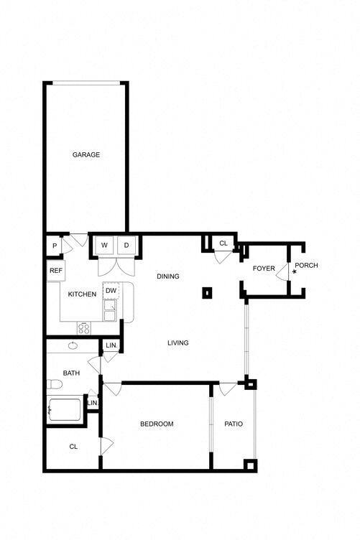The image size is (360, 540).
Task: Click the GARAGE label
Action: point(86,154)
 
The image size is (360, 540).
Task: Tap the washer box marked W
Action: point(104,246)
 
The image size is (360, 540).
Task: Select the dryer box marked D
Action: point(126,246)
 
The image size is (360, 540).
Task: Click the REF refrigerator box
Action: point(55,271)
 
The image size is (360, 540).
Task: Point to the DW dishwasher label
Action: point(111,291)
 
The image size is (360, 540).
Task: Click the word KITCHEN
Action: point(82,294)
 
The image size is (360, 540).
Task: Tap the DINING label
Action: point(167,276)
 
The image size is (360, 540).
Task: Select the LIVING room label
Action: point(177,343)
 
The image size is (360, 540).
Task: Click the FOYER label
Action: point(264,269)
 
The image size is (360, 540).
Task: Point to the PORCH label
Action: point(306,266)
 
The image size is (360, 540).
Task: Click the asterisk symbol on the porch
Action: point(294,273)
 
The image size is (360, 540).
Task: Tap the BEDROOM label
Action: point(156,424)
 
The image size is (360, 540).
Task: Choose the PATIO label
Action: point(234,424)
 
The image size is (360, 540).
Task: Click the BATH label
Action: point(71,373)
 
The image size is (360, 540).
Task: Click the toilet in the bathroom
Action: point(54,383)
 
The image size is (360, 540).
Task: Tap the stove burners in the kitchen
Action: point(83,328)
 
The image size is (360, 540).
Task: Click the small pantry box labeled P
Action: point(55,246)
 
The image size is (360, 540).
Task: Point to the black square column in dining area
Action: point(207,292)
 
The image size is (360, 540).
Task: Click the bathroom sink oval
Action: point(73,346)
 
